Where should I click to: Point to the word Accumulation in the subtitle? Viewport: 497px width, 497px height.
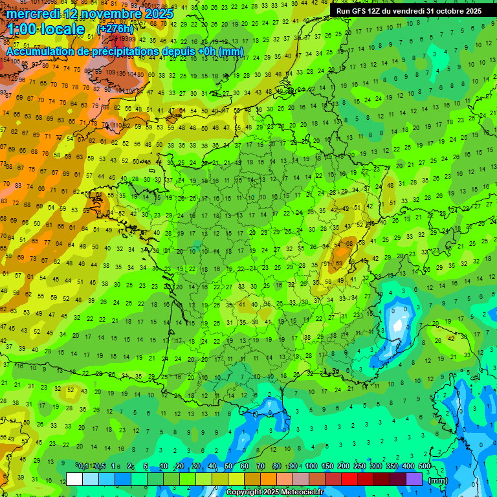click(41, 51)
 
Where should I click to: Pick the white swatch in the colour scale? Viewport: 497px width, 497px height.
click(74, 479)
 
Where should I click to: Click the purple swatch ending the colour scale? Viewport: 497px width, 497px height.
click(414, 479)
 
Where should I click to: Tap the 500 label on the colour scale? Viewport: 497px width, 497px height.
click(424, 467)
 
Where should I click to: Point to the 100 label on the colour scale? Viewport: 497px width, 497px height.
click(311, 467)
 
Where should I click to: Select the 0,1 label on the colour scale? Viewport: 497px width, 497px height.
click(83, 467)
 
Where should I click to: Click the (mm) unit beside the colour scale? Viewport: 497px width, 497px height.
click(439, 480)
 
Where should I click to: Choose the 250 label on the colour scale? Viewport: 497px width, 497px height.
click(359, 467)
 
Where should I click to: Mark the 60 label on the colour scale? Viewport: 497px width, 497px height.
click(245, 467)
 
